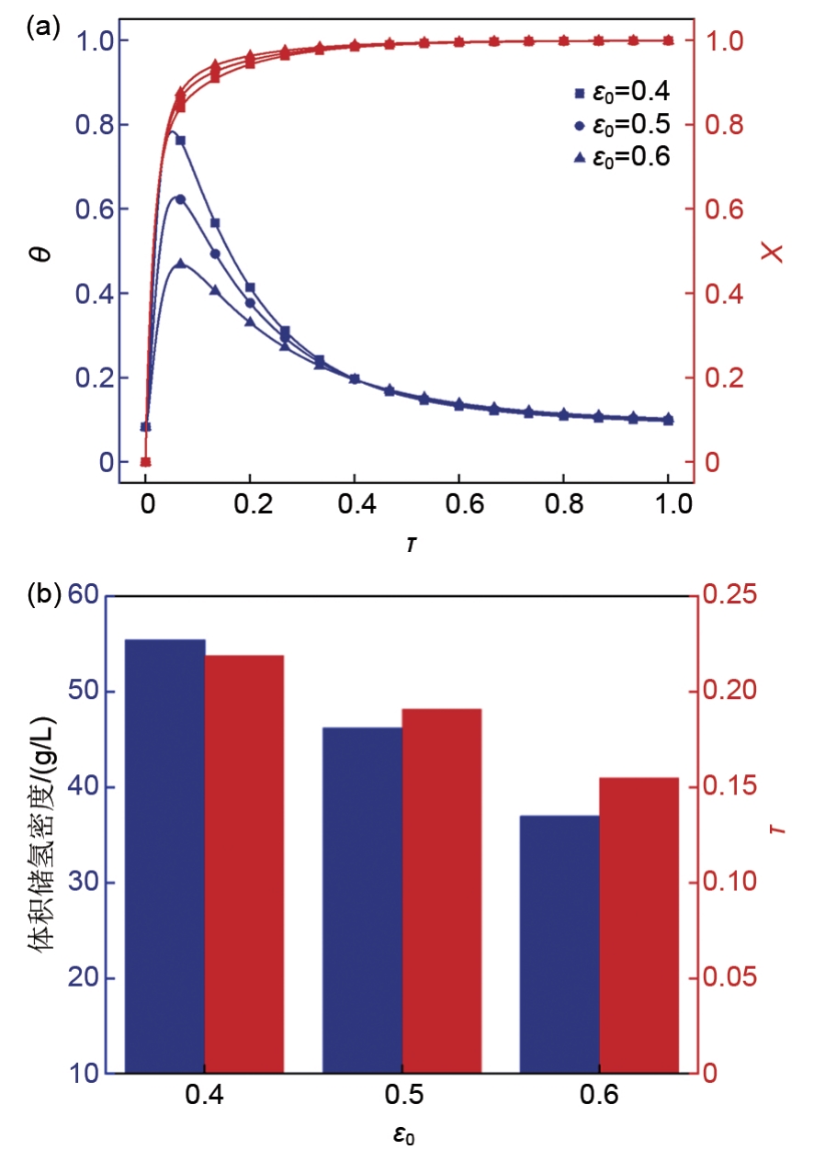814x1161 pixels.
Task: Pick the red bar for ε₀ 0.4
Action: click(244, 864)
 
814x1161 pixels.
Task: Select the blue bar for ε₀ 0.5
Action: click(363, 900)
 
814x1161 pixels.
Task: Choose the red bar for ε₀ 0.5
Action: click(442, 891)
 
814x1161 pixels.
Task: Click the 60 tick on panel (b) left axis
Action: click(85, 596)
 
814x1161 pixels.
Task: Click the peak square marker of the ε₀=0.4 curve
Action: click(180, 141)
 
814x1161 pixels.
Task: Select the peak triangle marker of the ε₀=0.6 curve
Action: click(180, 264)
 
